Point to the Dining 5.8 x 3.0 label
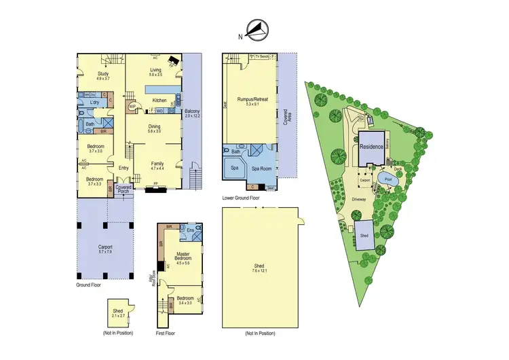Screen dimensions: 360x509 [155, 128]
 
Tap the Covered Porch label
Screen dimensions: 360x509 [124, 190]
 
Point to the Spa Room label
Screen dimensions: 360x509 [261, 167]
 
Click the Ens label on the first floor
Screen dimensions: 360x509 [191, 230]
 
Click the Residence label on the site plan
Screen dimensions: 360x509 [371, 146]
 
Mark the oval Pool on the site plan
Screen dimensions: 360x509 [388, 181]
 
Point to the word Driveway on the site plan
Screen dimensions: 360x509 [359, 200]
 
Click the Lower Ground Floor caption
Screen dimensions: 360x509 [241, 198]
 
